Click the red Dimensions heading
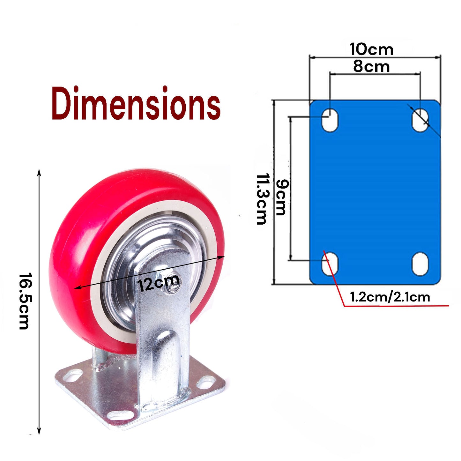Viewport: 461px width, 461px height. point(136,103)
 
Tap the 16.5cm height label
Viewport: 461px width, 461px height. point(24,301)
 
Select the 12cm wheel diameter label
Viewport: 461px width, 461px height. point(158,282)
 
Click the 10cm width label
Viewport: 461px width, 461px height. point(371,49)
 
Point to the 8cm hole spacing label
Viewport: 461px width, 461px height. point(371,67)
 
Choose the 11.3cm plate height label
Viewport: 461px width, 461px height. point(262,199)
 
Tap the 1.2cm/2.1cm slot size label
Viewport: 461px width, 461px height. point(390,297)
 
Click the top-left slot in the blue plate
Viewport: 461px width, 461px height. point(330,120)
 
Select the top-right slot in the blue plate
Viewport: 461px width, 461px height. point(420,120)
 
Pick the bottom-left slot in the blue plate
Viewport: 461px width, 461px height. point(330,264)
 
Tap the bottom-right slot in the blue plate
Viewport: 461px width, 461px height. point(420,264)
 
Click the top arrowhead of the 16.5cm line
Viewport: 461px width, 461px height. point(39,172)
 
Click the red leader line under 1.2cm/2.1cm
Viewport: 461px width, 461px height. point(396,306)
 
